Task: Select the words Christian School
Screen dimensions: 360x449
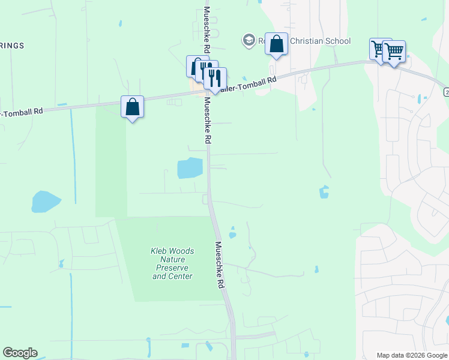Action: [319, 41]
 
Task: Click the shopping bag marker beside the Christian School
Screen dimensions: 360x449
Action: [276, 44]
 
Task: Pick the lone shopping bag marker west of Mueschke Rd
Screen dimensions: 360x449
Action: [133, 107]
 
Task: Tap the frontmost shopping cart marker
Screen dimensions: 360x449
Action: [394, 52]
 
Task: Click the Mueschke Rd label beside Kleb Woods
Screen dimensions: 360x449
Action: [220, 266]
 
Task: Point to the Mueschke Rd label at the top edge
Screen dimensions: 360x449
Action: [206, 27]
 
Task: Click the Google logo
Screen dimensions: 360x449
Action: [20, 353]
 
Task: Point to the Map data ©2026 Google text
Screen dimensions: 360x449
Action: [412, 355]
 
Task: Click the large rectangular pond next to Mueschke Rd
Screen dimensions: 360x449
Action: [190, 168]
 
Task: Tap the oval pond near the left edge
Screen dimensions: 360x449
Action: [46, 202]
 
